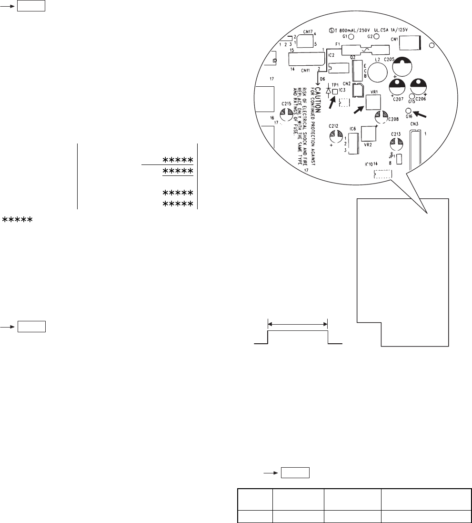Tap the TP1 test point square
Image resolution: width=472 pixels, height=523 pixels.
pos(335,92)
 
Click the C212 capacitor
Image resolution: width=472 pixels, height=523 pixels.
pos(333,136)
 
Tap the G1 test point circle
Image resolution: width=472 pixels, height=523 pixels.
pos(351,36)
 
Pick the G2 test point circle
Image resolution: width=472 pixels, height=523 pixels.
pos(376,36)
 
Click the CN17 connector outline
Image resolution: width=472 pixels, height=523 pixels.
pos(304,41)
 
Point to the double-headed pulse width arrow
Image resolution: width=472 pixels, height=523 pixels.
pos(298,325)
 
